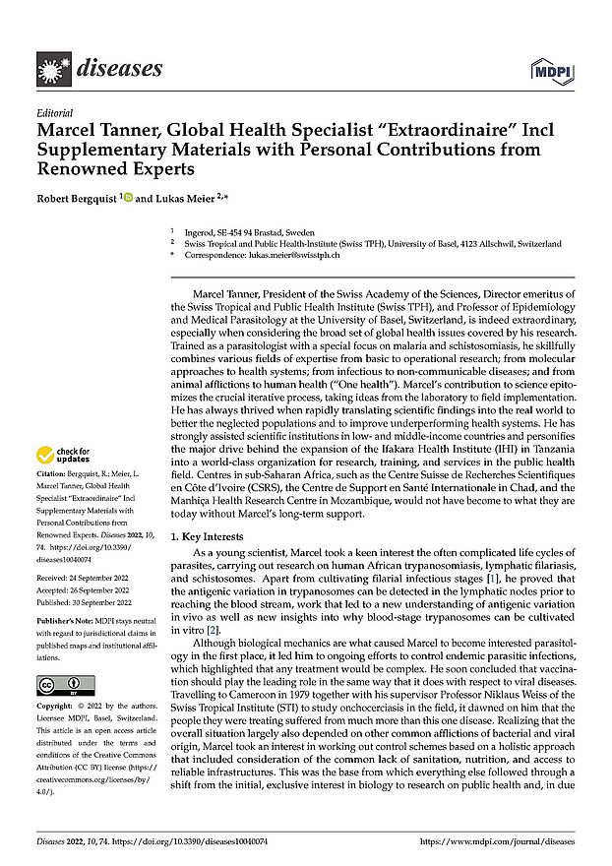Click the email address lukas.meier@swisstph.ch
pos(295,255)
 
